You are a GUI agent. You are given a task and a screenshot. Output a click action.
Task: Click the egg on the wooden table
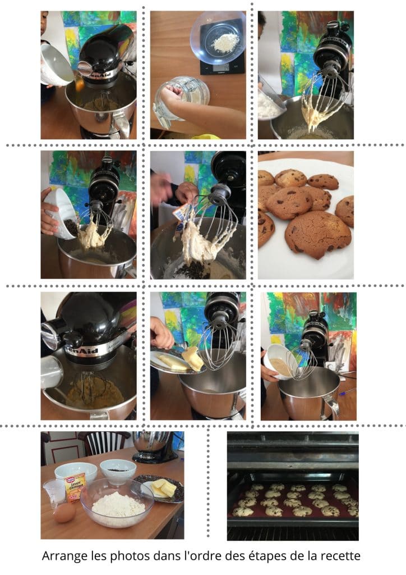(x=64, y=512)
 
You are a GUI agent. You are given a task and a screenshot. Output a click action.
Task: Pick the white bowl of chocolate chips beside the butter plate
(x=118, y=471)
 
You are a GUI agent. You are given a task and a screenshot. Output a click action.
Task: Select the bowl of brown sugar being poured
(x=280, y=361)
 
